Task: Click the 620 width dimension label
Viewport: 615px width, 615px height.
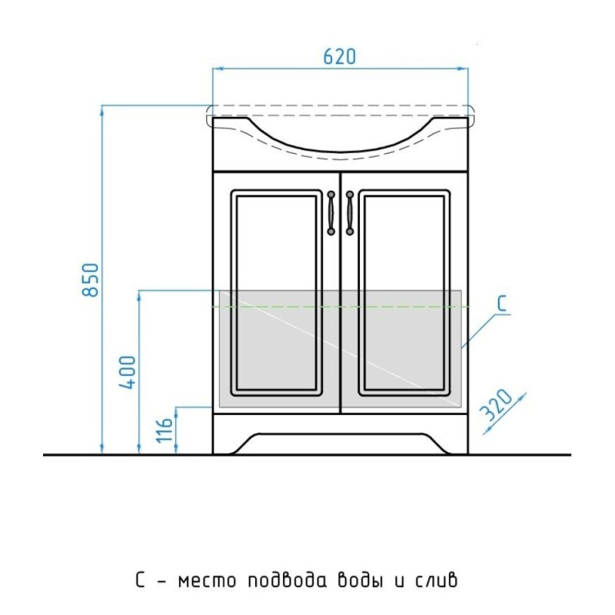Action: [x=340, y=56]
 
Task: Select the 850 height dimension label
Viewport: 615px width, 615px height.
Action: [x=91, y=280]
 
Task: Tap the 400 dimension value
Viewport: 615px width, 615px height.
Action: [x=128, y=372]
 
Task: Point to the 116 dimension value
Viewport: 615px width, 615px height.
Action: [x=165, y=430]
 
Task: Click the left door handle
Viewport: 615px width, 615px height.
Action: [x=331, y=213]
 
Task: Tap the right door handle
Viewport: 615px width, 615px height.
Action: [x=350, y=213]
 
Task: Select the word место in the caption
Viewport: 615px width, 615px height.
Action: [x=207, y=580]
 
